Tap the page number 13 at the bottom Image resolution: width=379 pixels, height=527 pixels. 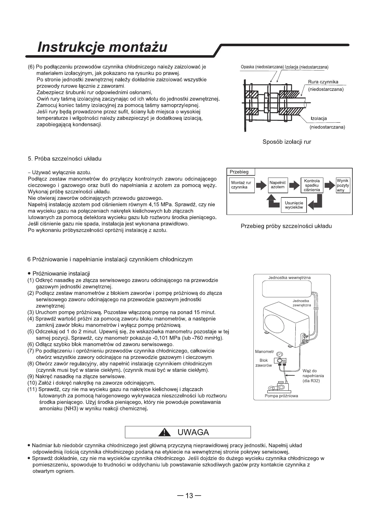(189, 496)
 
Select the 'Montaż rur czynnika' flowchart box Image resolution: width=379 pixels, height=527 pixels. (241, 185)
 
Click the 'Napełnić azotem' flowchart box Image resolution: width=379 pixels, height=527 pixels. (278, 185)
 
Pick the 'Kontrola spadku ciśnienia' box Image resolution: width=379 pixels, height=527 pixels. (312, 185)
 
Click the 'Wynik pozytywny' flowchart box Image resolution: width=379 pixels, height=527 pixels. (343, 185)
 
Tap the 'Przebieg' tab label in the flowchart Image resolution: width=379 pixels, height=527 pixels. (239, 172)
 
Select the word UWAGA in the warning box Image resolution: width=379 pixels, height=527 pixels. (193, 432)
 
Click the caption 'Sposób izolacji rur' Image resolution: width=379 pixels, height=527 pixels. (287, 142)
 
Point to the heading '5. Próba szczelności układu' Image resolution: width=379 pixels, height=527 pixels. (64, 159)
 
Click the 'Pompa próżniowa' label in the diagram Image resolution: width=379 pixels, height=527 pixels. (281, 396)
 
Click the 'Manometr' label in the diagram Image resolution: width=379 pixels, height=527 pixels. (265, 351)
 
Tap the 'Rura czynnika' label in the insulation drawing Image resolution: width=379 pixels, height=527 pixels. (323, 82)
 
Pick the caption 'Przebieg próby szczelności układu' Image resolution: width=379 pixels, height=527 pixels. (286, 226)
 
